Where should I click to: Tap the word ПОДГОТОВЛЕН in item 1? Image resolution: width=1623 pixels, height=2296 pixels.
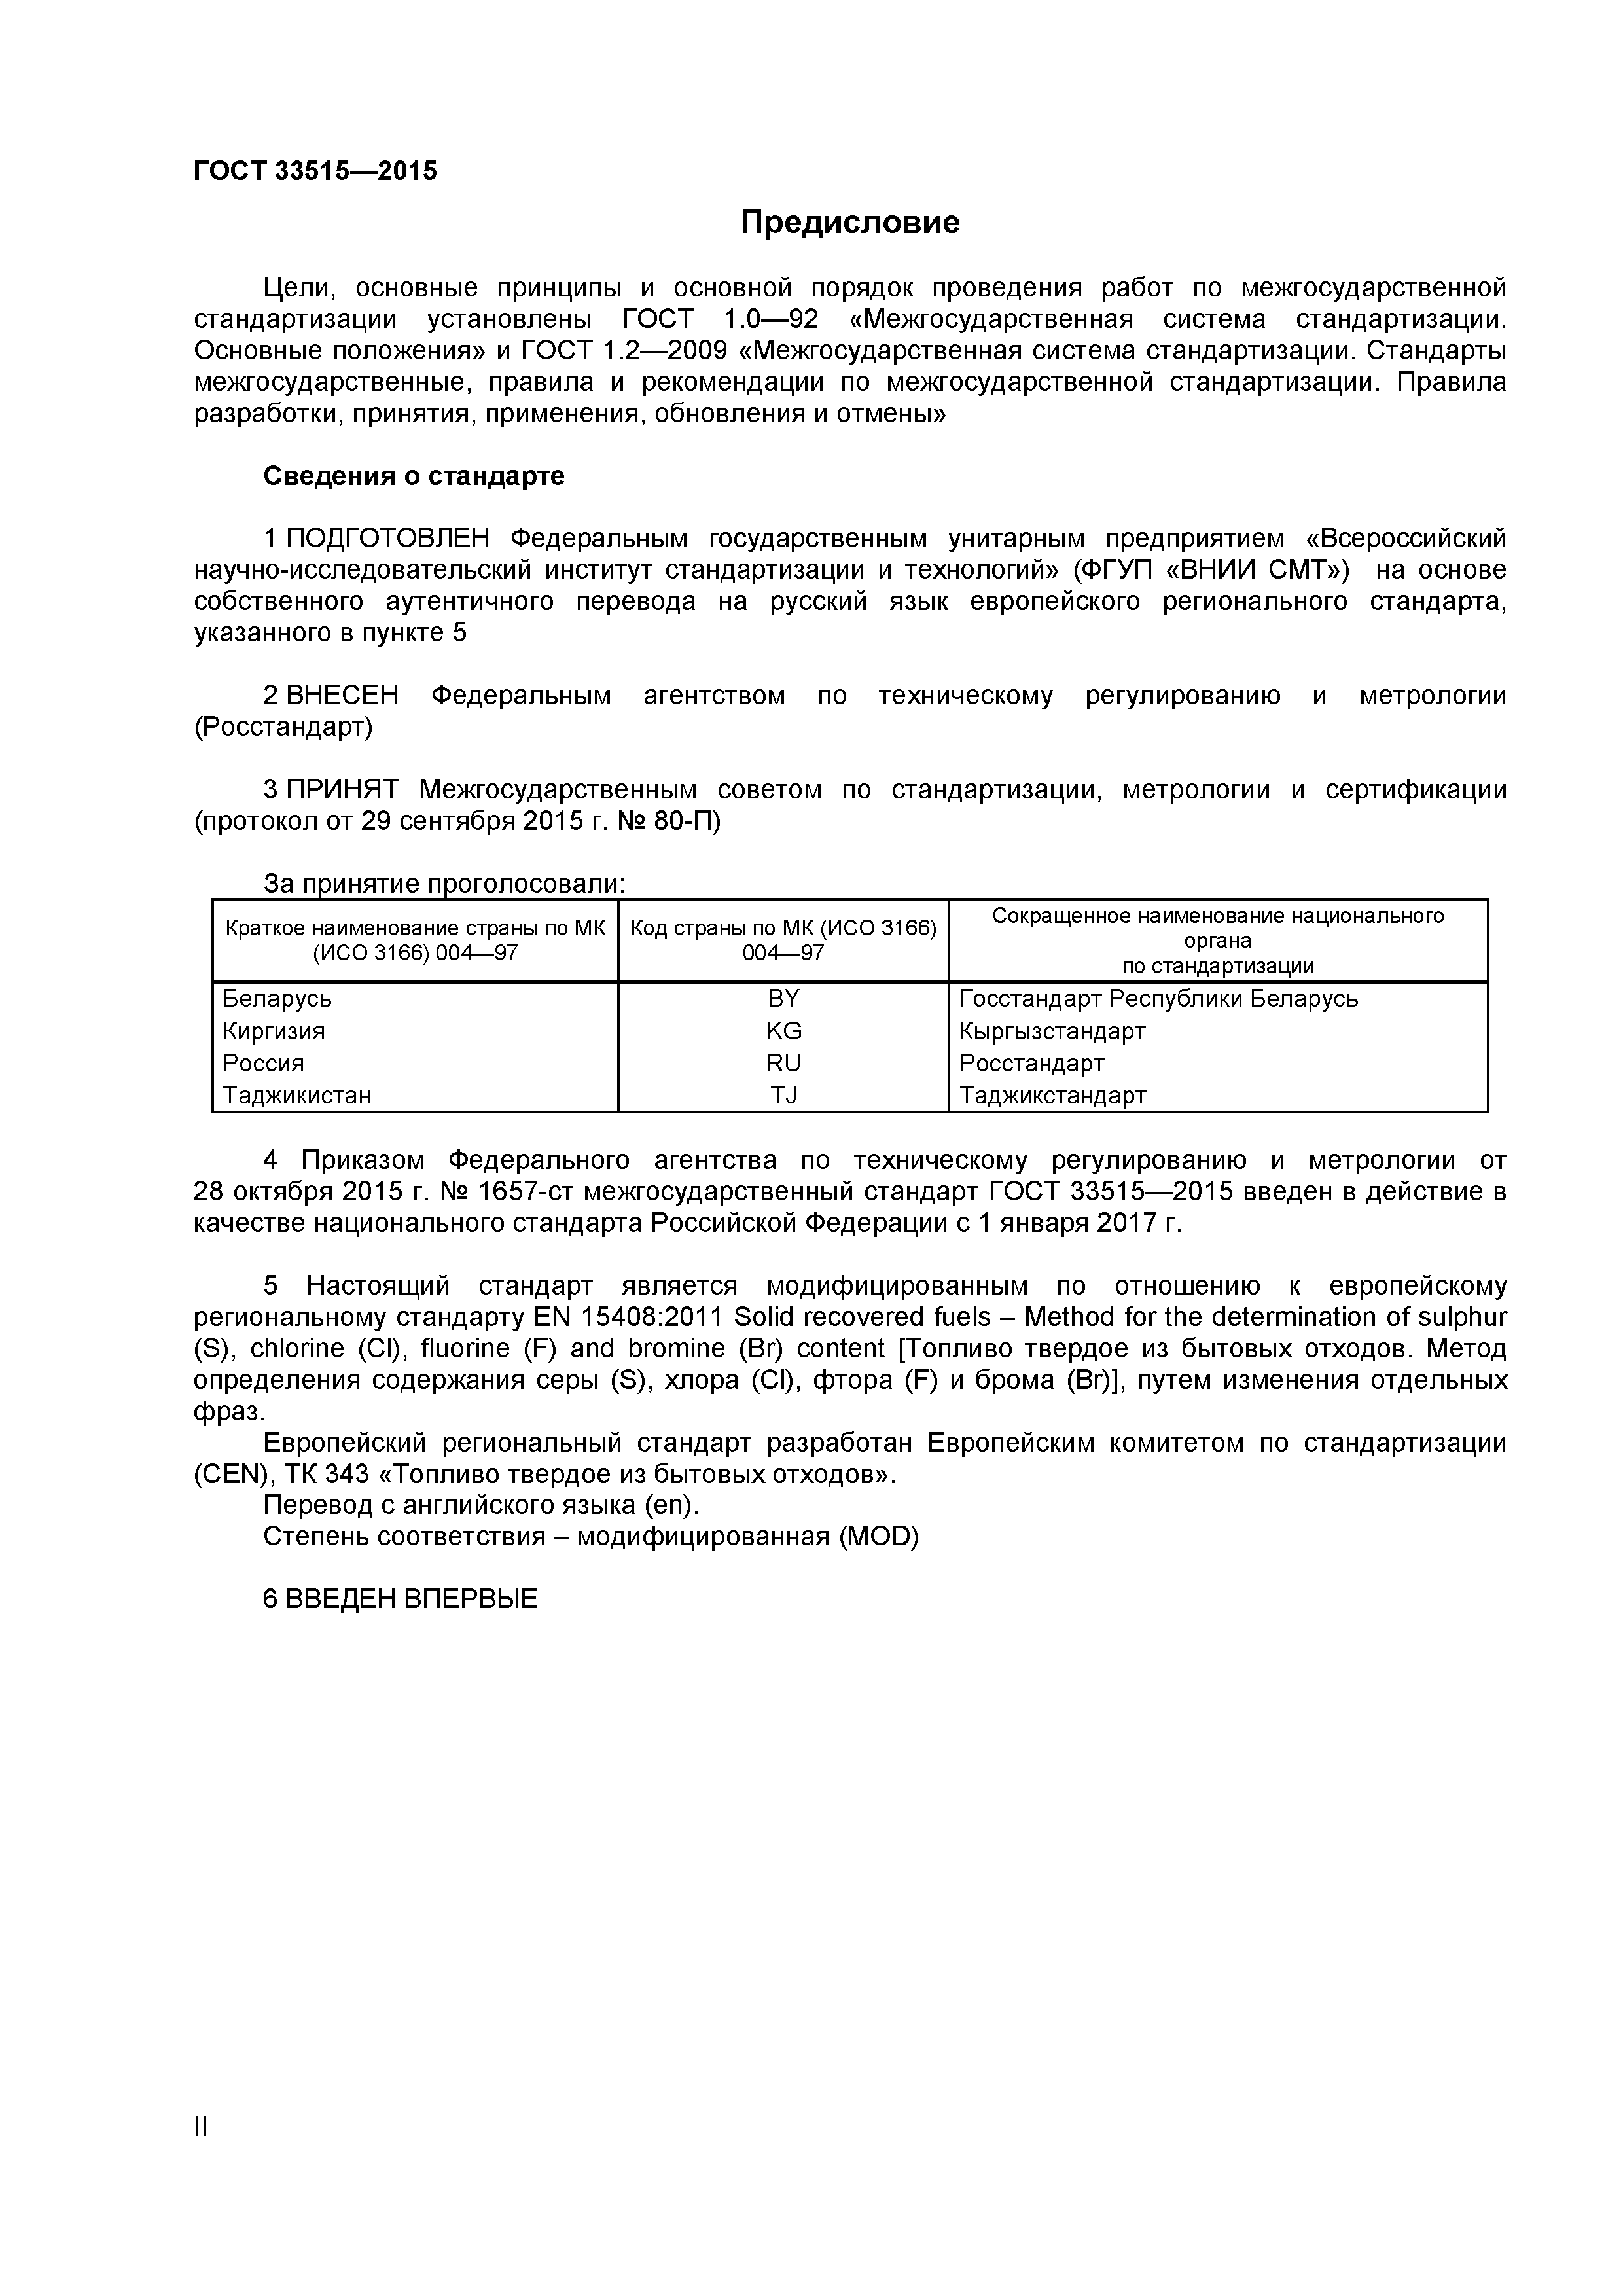pyautogui.click(x=388, y=539)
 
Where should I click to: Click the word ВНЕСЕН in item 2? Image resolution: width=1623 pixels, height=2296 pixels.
pyautogui.click(x=342, y=695)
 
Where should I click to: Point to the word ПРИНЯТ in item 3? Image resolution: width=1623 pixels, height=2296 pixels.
pyautogui.click(x=342, y=790)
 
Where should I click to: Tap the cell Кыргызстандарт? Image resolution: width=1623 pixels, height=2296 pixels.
pyautogui.click(x=1052, y=1031)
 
